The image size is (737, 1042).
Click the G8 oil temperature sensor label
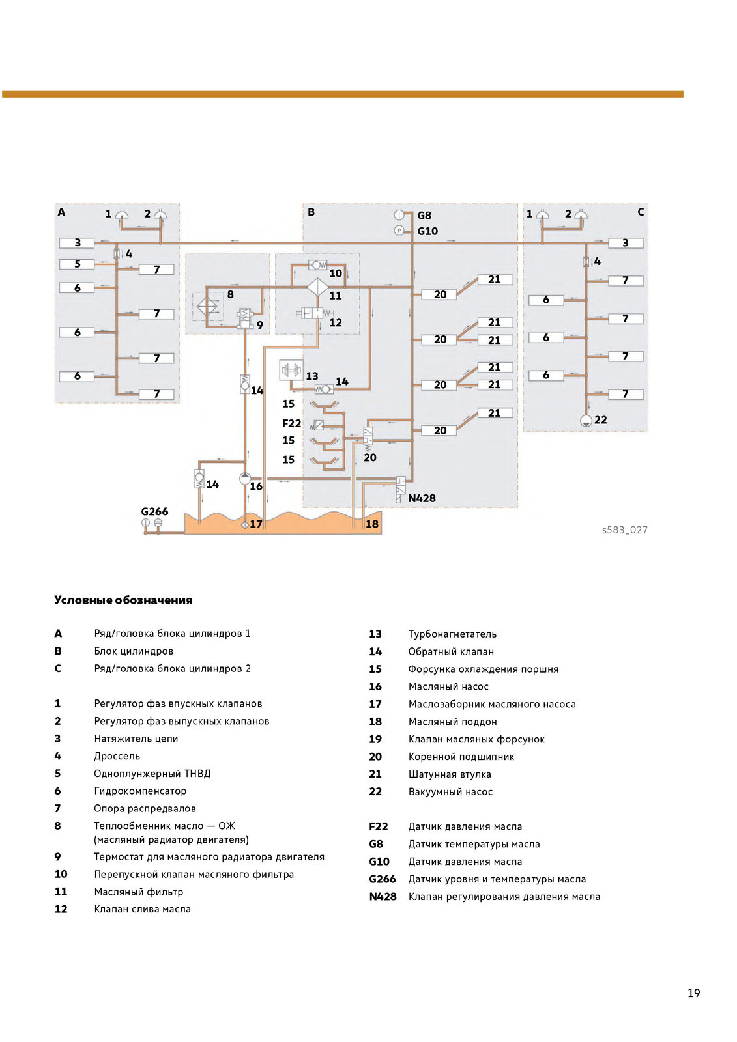[424, 216]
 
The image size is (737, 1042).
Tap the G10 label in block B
[427, 231]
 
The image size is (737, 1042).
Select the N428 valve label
[422, 498]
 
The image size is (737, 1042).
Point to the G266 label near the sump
[154, 512]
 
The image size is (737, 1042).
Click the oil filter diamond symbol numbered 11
[317, 287]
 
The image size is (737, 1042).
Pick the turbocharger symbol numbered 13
[291, 370]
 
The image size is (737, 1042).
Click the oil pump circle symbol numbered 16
[245, 478]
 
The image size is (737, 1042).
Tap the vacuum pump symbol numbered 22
[586, 421]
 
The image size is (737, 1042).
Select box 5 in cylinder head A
[77, 264]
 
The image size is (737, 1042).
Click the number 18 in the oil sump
[372, 524]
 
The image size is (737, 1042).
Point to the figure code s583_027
[624, 530]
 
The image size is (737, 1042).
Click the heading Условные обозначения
[123, 600]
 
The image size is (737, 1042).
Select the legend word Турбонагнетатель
[452, 634]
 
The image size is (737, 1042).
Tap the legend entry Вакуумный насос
[450, 792]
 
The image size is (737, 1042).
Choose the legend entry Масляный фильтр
[138, 892]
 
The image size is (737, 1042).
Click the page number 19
[694, 993]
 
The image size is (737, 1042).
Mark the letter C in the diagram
[641, 212]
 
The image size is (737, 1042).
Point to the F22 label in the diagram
[291, 423]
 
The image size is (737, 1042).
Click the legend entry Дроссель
[117, 756]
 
